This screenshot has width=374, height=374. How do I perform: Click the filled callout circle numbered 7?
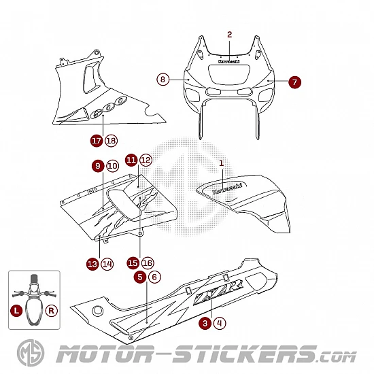tap(294, 82)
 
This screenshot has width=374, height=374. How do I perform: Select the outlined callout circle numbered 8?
tap(163, 79)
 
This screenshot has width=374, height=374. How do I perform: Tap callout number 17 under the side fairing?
tap(97, 141)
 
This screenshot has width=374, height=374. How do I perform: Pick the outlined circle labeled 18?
tap(111, 141)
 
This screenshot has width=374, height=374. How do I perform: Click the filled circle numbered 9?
tap(98, 166)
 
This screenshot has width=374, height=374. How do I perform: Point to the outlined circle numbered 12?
tap(146, 160)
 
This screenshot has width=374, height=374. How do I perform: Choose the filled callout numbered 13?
tap(92, 264)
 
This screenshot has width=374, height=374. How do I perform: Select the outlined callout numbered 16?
tap(148, 263)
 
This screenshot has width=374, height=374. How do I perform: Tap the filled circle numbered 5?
tap(140, 277)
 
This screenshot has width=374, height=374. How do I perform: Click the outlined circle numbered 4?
tap(220, 324)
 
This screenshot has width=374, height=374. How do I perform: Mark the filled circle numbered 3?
tap(205, 324)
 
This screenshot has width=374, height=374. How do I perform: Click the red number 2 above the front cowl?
tap(229, 35)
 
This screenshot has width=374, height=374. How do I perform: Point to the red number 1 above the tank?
tap(222, 163)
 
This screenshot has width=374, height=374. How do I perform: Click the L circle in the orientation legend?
tap(16, 311)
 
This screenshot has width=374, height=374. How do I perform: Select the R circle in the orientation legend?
tap(51, 311)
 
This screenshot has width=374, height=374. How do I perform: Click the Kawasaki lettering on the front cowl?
tap(229, 61)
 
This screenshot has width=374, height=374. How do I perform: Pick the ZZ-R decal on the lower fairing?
tap(218, 292)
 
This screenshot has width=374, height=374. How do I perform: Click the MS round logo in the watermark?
tap(31, 353)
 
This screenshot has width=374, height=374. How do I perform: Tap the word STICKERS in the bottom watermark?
tap(245, 354)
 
